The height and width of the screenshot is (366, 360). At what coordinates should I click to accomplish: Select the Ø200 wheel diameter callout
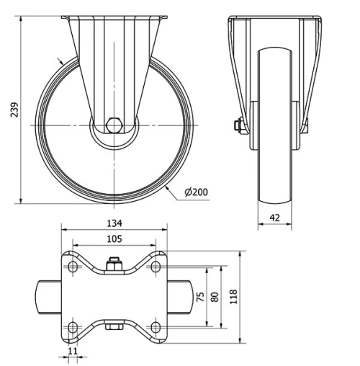[x=197, y=192]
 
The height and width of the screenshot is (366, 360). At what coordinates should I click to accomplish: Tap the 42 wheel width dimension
[x=274, y=215]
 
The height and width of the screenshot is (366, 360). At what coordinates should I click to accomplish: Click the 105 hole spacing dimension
[x=114, y=239]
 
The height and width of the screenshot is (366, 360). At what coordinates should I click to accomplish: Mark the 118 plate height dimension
[x=233, y=296]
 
